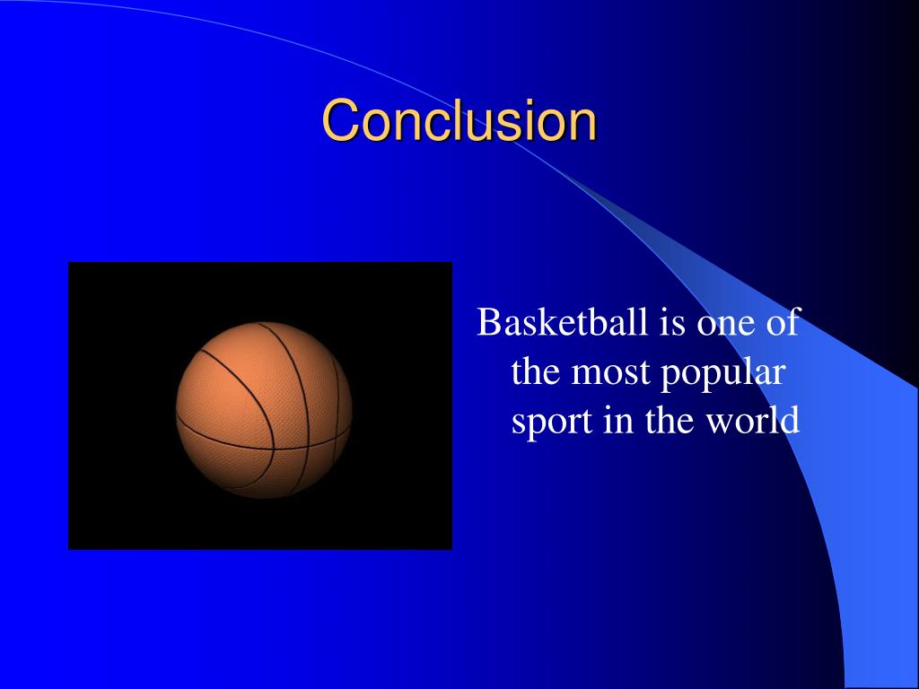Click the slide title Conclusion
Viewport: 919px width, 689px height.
point(459,120)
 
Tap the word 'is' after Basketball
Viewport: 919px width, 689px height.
point(674,322)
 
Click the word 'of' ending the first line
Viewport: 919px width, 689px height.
point(783,322)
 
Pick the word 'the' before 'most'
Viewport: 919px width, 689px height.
point(537,371)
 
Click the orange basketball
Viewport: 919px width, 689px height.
point(263,409)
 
